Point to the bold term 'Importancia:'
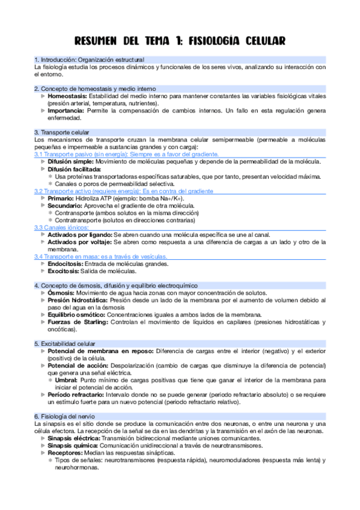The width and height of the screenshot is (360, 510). [67, 111]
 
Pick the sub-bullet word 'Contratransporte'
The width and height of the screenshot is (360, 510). [78, 220]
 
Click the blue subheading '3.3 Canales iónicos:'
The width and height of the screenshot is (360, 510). [56, 227]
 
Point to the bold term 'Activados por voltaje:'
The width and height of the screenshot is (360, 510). [80, 242]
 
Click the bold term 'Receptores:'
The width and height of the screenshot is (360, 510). [66, 453]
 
